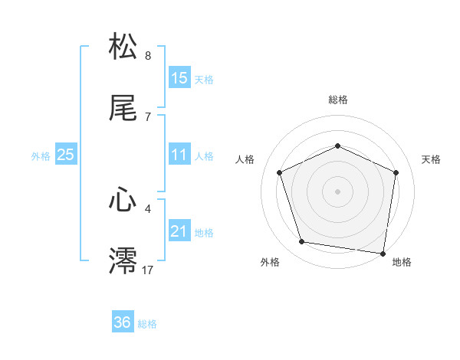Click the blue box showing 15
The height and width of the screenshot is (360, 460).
click(179, 78)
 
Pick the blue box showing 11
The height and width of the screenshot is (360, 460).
click(179, 155)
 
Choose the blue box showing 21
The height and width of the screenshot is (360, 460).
click(179, 231)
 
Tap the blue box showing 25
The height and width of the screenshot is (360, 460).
click(66, 155)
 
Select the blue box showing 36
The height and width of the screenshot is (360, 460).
click(123, 322)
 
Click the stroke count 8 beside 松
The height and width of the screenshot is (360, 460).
click(148, 56)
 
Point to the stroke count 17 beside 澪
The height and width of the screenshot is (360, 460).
click(148, 270)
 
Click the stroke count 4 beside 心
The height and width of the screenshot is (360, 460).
click(148, 208)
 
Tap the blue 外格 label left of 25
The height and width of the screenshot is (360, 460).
click(41, 155)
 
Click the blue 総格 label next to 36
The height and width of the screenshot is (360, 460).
click(147, 323)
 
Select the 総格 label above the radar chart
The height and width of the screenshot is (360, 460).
click(338, 100)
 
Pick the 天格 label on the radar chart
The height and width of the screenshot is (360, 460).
click(431, 159)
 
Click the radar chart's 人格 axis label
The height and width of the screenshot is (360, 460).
click(245, 159)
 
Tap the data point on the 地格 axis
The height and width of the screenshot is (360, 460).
click(383, 253)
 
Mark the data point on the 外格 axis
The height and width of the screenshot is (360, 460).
click(302, 242)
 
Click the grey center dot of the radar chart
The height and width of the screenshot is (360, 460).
click(338, 191)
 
